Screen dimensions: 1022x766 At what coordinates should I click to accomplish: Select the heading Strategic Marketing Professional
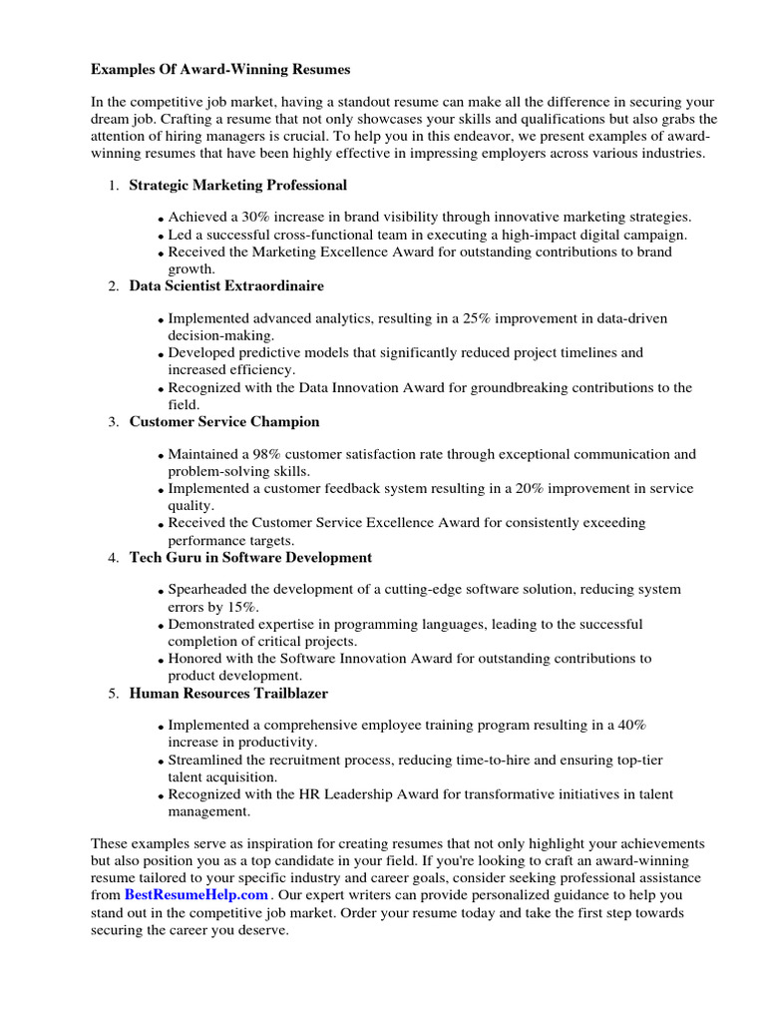pos(238,185)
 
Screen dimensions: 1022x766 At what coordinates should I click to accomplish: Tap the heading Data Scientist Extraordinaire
pos(226,285)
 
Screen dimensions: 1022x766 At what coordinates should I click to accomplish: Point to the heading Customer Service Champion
pos(224,422)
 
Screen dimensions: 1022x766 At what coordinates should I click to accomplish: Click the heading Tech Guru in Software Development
pos(250,557)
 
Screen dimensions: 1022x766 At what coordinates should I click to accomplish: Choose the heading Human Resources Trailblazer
pos(228,693)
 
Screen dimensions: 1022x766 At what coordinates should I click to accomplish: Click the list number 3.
pos(113,422)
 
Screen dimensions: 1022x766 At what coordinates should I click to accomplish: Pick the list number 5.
pos(113,693)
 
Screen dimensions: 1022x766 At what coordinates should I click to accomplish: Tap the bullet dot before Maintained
pos(162,456)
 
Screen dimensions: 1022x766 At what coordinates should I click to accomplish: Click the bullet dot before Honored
pos(162,661)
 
